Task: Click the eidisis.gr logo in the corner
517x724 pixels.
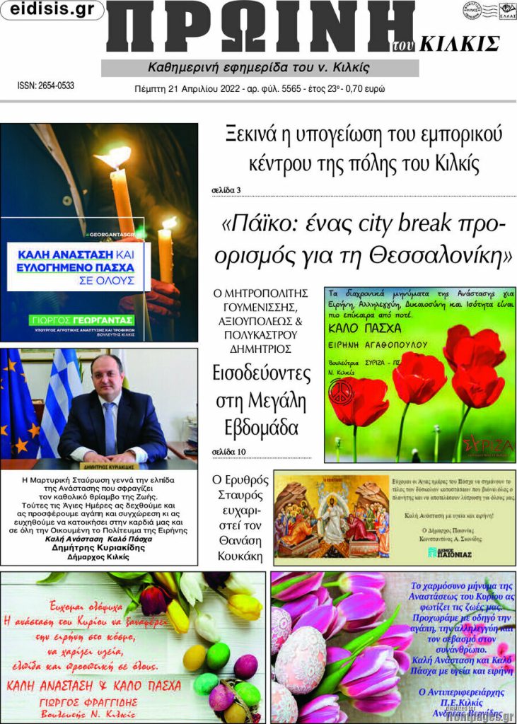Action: pos(52,10)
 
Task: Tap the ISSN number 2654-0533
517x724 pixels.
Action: pos(46,86)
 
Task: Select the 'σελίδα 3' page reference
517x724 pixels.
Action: pos(226,190)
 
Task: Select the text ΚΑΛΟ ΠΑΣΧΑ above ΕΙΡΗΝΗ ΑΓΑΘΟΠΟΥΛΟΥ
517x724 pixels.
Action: pos(366,329)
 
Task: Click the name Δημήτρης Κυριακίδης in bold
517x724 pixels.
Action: pos(98,547)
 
